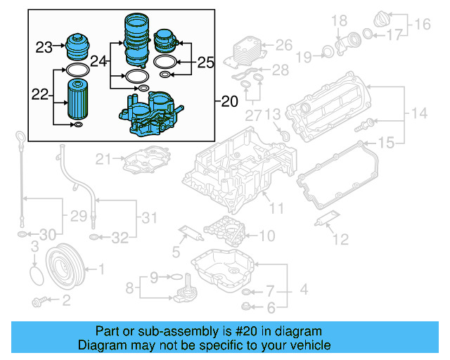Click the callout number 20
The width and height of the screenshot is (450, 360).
pyautogui.click(x=229, y=102)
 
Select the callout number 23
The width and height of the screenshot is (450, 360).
pyautogui.click(x=45, y=48)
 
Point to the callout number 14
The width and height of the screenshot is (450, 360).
pyautogui.click(x=419, y=113)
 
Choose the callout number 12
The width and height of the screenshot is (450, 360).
pyautogui.click(x=340, y=240)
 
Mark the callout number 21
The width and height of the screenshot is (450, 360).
pyautogui.click(x=104, y=159)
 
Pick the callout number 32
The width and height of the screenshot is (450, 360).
pyautogui.click(x=120, y=237)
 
